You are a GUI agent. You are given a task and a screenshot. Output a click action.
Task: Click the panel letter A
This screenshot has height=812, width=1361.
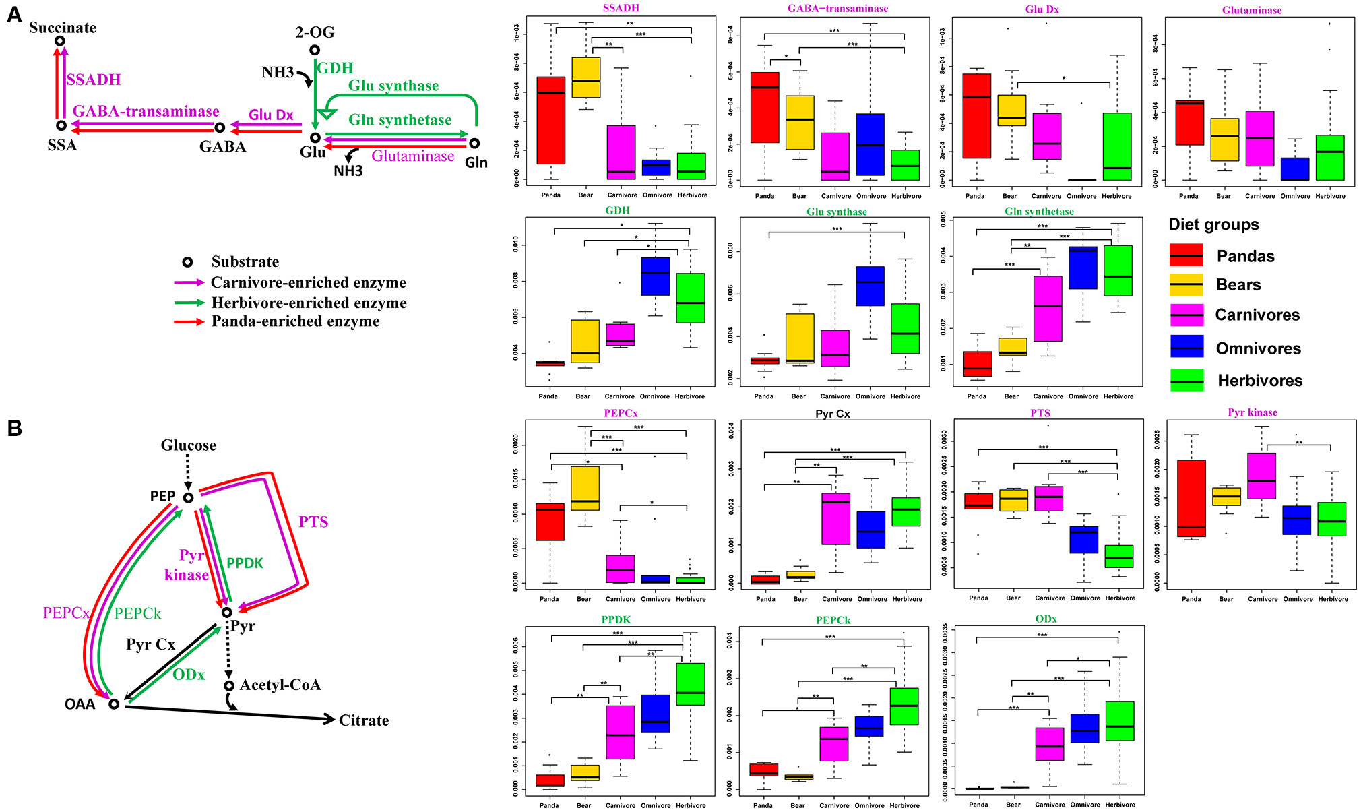coord(14,15)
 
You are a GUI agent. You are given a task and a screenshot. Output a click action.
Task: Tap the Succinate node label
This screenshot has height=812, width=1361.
coord(63,28)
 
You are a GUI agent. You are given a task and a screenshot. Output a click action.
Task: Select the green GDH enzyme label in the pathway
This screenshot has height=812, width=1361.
coord(335,68)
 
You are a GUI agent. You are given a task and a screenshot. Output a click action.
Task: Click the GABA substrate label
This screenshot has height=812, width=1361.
coord(222,146)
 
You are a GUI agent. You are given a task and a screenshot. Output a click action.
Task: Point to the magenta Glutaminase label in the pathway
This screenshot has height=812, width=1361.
coord(413,156)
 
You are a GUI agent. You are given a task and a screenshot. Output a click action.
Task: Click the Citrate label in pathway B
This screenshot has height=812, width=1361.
coord(364,720)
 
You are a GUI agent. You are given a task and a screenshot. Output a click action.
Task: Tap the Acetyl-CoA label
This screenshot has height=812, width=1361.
coord(280,685)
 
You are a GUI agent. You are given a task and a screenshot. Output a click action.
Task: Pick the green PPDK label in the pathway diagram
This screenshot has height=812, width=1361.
coord(245,563)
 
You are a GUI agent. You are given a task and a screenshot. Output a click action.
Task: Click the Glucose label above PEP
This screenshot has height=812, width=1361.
coord(189,445)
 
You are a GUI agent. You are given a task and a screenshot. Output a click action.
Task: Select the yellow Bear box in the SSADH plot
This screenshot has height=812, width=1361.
coord(585,77)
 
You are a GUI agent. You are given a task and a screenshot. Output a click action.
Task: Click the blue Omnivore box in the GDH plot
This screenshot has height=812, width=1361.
coord(655,276)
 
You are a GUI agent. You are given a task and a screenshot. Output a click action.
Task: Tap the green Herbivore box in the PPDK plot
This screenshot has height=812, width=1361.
coord(690,684)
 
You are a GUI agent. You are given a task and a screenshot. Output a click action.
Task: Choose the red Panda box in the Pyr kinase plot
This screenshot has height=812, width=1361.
coord(1191,498)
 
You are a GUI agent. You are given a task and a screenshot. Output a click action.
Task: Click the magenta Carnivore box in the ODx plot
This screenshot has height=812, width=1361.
coord(1050,744)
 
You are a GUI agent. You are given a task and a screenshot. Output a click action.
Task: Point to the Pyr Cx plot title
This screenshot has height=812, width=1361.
coord(833,414)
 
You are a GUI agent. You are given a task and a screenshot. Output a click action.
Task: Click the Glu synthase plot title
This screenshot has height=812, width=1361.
coord(837,212)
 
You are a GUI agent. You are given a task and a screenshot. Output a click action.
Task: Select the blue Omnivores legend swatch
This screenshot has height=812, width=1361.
coord(1186,348)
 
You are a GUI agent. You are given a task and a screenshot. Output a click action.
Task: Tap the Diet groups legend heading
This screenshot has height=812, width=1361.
coord(1213,224)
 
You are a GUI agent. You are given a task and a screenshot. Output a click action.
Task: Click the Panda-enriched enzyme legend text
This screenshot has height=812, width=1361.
coord(295,321)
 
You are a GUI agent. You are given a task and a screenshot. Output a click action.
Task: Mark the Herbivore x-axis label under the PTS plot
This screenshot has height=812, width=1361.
coord(1120,598)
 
